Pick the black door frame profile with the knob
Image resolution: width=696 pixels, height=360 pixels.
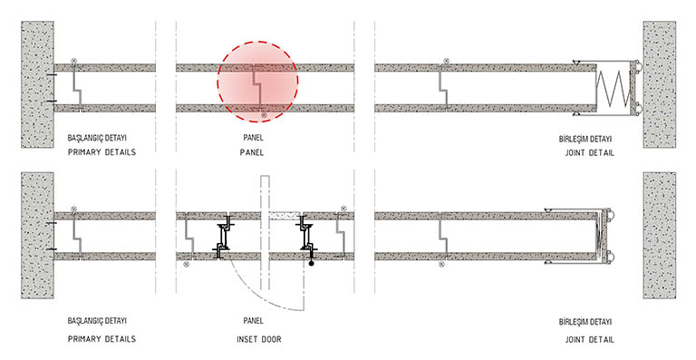click(308, 242)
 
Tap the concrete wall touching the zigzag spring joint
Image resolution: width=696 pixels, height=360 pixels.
click(659, 84)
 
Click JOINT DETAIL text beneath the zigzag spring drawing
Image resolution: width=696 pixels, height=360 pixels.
click(587, 152)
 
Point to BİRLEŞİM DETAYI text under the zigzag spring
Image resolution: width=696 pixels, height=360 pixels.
click(587, 138)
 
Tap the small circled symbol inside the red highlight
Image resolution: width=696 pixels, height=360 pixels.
click(263, 116)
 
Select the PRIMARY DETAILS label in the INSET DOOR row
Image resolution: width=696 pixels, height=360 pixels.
click(101, 338)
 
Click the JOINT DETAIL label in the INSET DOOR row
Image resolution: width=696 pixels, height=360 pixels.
click(587, 338)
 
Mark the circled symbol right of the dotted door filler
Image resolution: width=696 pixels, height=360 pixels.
click(343, 209)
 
